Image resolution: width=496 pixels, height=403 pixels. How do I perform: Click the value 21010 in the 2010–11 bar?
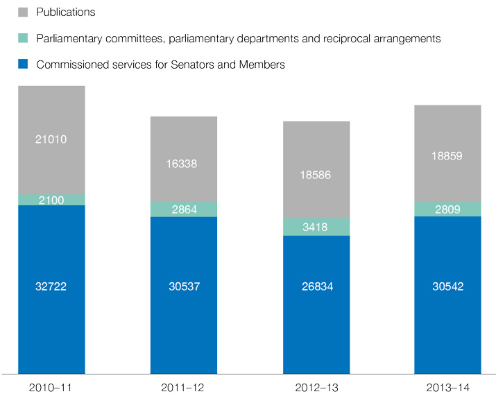coord(51,139)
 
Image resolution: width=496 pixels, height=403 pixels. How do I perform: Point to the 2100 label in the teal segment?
coord(51,200)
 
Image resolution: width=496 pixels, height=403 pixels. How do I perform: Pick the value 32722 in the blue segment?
coord(51,286)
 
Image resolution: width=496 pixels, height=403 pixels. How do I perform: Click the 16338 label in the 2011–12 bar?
coord(184,164)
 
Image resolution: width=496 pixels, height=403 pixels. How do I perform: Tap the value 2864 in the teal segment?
coord(184,209)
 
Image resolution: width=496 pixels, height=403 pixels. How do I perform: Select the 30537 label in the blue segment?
coord(184,286)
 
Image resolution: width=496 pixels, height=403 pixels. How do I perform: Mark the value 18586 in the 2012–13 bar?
coord(316,175)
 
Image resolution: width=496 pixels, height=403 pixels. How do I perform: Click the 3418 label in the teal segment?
coord(316,227)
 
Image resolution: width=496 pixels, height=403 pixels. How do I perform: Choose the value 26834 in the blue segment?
coord(316,286)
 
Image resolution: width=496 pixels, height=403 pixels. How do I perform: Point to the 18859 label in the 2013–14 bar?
coord(447,156)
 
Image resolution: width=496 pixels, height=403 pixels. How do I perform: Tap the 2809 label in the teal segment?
coord(447,209)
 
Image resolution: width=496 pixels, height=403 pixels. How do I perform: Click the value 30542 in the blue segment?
coord(447,286)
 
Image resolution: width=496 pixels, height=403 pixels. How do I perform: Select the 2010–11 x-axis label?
coord(51,387)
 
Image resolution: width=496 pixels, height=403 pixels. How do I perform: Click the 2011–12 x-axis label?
coord(184,387)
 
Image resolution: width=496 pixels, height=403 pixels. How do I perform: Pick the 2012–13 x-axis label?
coord(316,387)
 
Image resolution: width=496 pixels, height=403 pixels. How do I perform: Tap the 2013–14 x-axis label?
coord(447,387)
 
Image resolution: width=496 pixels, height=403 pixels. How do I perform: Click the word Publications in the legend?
coord(66,12)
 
